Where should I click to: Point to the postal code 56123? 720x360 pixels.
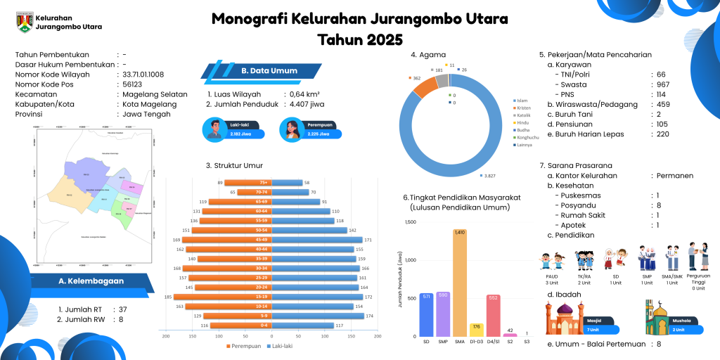point(133,84)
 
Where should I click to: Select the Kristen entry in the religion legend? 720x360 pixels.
point(522,108)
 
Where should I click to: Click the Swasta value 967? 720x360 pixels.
point(663,84)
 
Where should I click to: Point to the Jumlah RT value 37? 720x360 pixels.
point(123,309)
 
